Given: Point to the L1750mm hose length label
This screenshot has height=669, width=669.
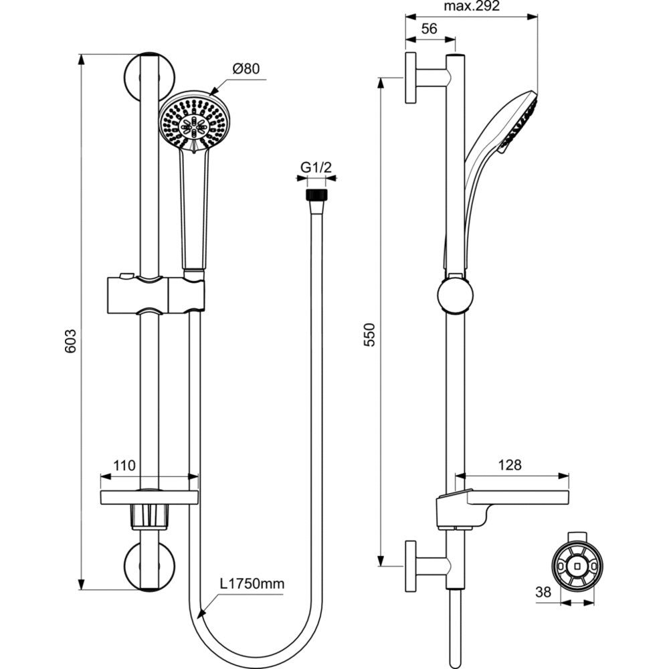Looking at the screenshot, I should (x=252, y=583).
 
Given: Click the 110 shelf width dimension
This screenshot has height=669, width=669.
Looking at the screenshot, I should (x=124, y=466).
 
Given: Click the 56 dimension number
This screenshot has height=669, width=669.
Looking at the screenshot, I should (x=429, y=28).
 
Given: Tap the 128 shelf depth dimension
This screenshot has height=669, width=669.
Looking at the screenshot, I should (x=510, y=464).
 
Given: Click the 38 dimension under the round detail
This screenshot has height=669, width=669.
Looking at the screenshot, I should (x=545, y=591).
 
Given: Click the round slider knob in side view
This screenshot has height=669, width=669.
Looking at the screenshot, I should (x=456, y=296).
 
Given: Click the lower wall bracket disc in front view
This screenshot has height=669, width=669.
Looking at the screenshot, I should (x=151, y=566).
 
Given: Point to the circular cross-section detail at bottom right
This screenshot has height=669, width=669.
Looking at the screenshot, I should (x=576, y=566).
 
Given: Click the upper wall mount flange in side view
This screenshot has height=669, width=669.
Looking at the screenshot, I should (x=410, y=78).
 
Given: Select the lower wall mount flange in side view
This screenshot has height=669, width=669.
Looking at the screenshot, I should (x=410, y=565).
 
